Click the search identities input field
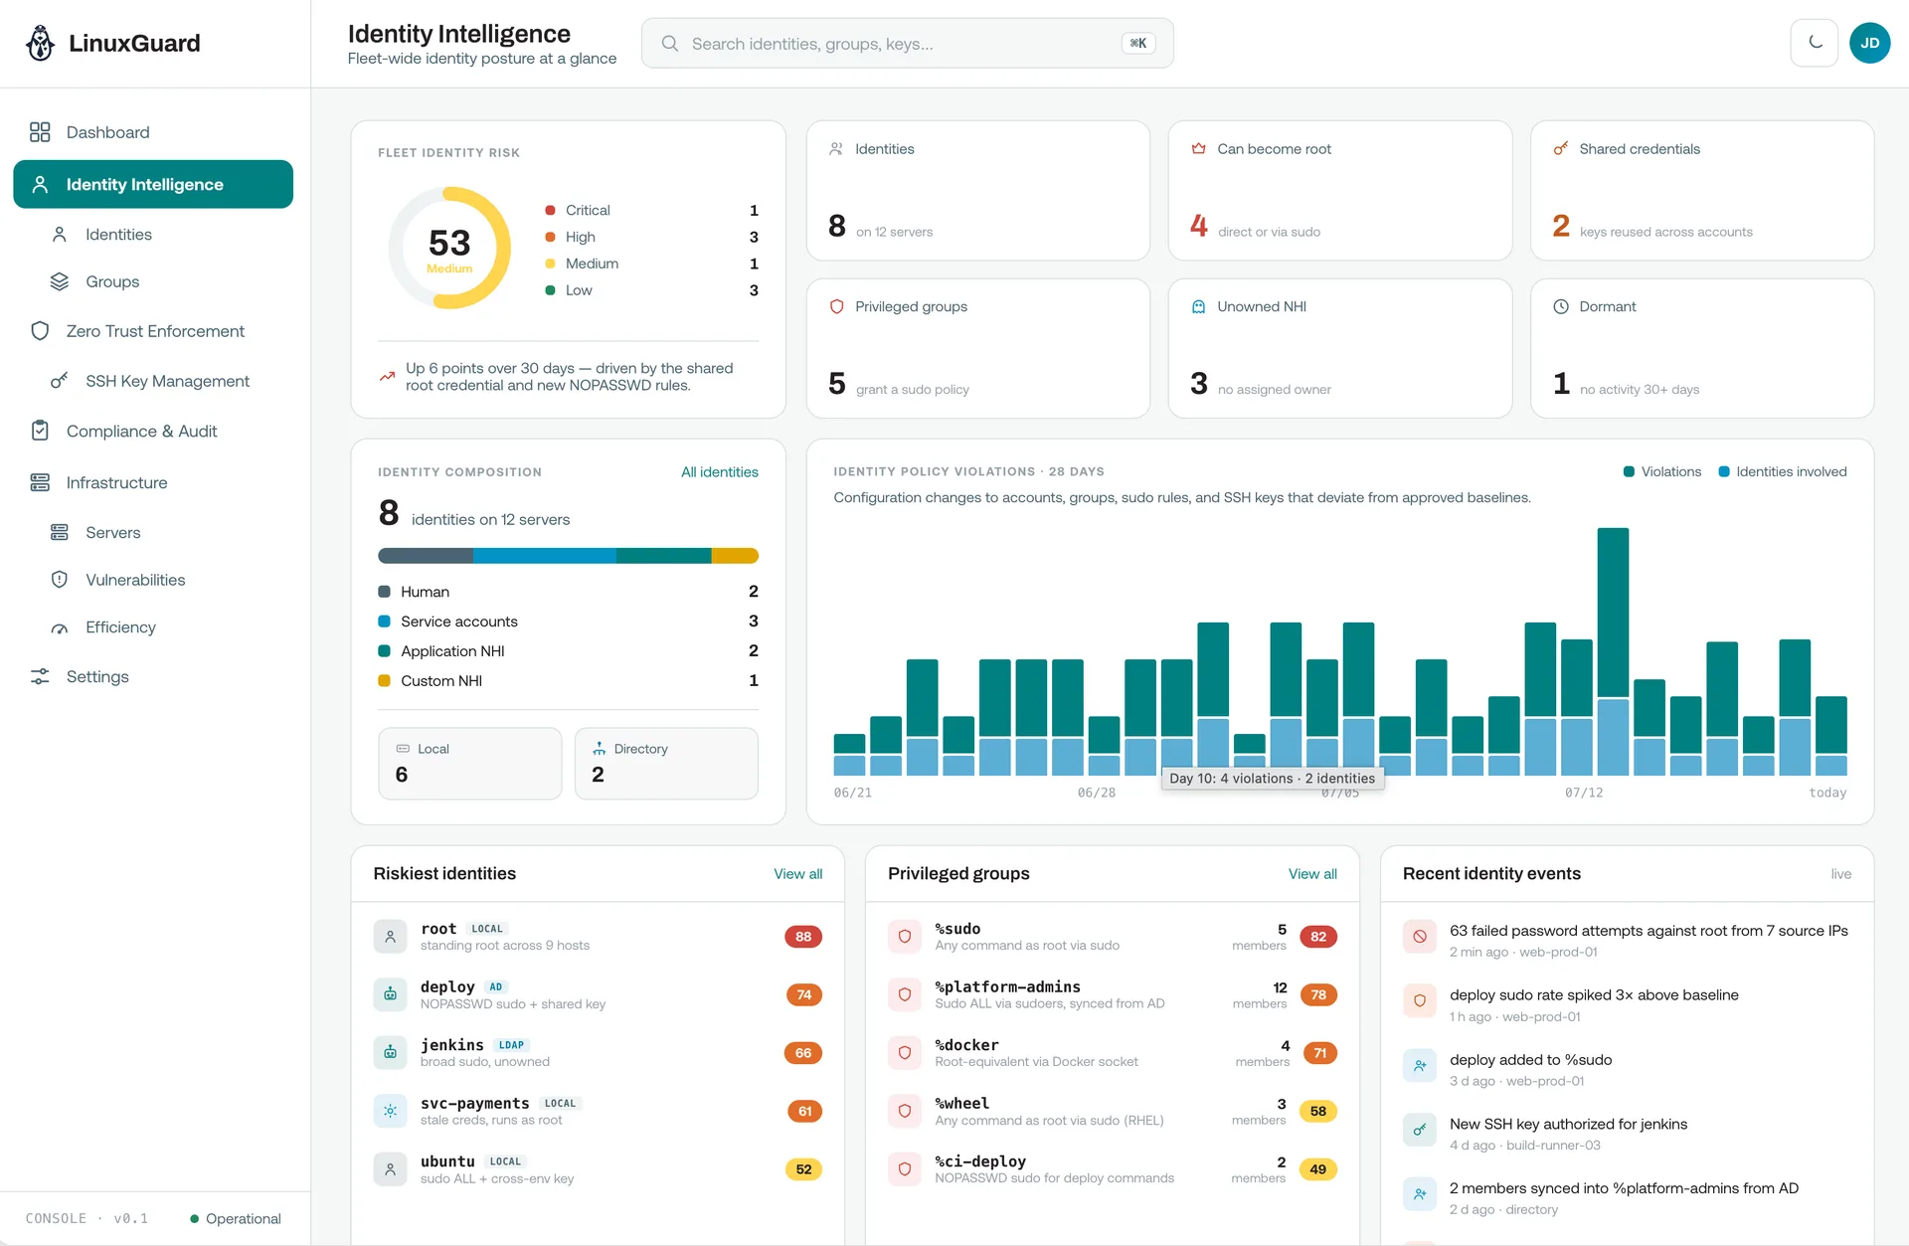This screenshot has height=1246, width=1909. (x=907, y=44)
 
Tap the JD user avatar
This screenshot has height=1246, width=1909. (x=1869, y=44)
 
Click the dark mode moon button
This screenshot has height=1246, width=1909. (x=1815, y=44)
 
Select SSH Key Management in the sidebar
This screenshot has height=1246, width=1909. (x=167, y=381)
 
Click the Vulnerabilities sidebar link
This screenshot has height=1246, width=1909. (x=135, y=580)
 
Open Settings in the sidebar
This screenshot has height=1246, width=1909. (x=97, y=676)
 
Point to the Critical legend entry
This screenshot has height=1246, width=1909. (x=588, y=211)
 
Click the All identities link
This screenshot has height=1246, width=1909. (x=720, y=472)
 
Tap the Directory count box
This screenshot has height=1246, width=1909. (x=666, y=764)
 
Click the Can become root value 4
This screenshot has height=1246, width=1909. (x=1199, y=227)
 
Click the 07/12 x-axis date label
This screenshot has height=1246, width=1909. (x=1584, y=793)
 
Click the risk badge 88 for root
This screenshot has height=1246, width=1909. (x=803, y=937)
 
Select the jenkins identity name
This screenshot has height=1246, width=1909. (x=452, y=1045)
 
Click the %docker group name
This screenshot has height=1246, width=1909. (x=966, y=1045)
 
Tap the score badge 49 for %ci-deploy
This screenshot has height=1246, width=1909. (x=1318, y=1169)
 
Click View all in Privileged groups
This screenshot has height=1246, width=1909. (x=1312, y=874)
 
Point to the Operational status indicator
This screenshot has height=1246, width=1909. (x=236, y=1219)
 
